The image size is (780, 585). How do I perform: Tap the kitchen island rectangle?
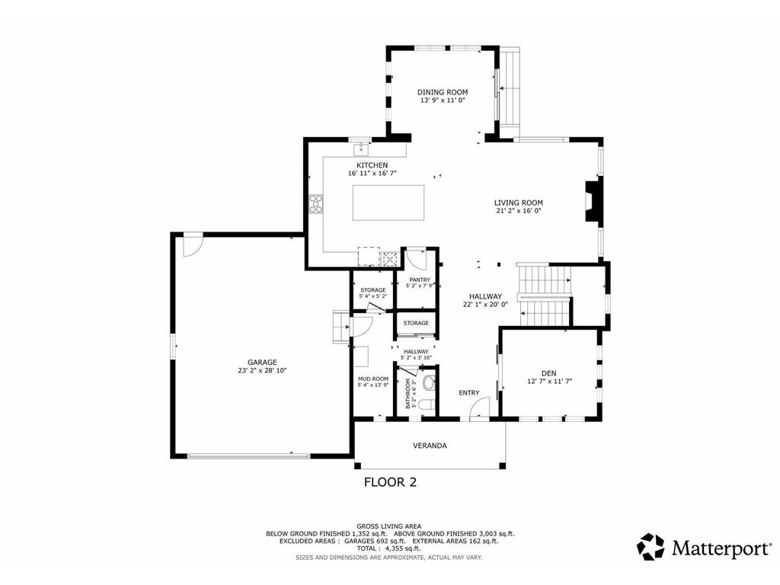point(388,203)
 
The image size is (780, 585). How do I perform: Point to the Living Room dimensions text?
point(518,213)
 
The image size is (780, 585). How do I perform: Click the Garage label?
point(261,362)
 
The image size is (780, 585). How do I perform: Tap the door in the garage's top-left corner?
point(191,245)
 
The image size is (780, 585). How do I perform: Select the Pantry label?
point(420,280)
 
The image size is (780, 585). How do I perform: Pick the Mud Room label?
point(373,379)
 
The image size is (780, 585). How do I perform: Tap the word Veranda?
point(430,445)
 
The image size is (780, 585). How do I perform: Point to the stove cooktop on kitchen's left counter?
point(315,203)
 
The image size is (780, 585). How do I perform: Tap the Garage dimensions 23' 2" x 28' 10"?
point(261,371)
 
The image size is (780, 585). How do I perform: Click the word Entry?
point(468,393)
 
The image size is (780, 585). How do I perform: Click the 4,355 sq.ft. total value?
point(402,548)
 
